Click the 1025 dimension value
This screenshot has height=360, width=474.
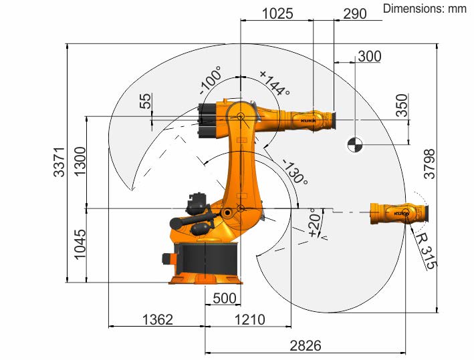pyautogui.click(x=277, y=13)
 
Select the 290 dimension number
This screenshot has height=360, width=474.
pyautogui.click(x=355, y=13)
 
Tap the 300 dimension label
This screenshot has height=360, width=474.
pyautogui.click(x=370, y=57)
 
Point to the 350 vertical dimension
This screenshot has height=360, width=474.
pyautogui.click(x=402, y=105)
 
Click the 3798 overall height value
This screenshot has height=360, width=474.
pyautogui.click(x=429, y=164)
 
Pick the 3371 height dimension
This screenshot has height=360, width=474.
pyautogui.click(x=59, y=162)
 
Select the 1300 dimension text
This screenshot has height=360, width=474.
pyautogui.click(x=80, y=162)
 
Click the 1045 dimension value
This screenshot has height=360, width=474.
pyautogui.click(x=80, y=244)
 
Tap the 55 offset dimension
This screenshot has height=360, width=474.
pyautogui.click(x=145, y=101)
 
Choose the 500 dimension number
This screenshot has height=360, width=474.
pyautogui.click(x=225, y=299)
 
